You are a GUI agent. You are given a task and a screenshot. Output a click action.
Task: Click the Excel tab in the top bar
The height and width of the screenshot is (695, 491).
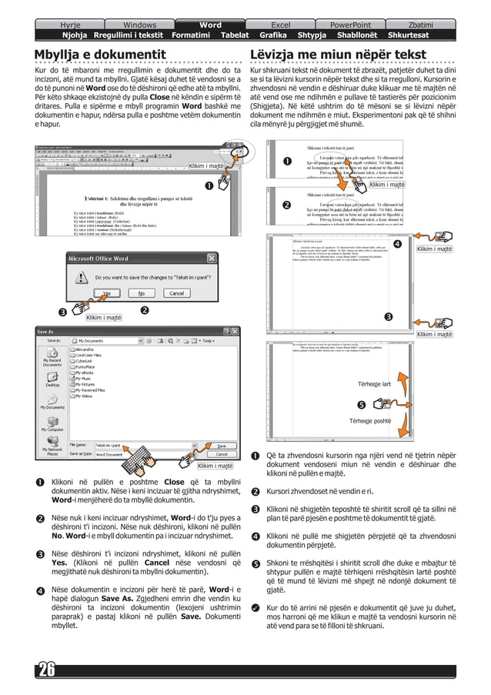point(280,25)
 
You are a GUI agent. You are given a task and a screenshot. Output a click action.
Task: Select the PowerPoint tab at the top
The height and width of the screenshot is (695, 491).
point(350,25)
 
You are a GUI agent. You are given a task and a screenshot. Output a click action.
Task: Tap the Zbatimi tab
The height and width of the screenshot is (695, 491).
point(420,25)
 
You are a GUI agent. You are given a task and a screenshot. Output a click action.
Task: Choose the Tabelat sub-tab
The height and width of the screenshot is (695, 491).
point(235,35)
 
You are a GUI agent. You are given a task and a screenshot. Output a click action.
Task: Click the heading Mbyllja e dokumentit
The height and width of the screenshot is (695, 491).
point(100,55)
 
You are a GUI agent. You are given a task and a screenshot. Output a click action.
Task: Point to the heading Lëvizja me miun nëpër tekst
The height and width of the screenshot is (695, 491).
point(338,55)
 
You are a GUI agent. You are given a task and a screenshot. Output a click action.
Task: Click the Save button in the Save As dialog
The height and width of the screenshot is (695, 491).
point(221,445)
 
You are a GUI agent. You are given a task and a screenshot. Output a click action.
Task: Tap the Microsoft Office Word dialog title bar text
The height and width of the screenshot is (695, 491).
point(99,259)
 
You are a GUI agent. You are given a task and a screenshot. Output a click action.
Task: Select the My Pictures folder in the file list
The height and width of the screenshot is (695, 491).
point(91,384)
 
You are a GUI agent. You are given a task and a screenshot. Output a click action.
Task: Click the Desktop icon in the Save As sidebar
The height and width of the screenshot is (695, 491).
point(52,379)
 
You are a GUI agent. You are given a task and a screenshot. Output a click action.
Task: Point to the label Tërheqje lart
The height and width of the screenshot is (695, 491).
point(375,384)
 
